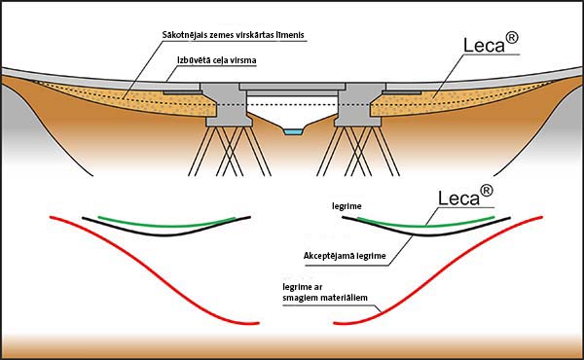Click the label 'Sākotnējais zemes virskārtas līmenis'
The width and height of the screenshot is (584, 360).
[234, 35]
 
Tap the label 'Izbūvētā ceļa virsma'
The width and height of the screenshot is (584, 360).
[216, 60]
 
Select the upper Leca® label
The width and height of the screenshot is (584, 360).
[491, 43]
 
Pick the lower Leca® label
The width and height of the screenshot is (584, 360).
[465, 196]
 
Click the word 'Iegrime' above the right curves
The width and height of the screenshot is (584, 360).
[347, 206]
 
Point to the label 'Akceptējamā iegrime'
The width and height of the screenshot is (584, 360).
[345, 256]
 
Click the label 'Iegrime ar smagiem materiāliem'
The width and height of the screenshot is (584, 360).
[325, 292]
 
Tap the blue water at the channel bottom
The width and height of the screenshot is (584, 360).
[293, 131]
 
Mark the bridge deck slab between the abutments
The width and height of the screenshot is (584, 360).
[292, 88]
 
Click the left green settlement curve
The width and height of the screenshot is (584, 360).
[165, 225]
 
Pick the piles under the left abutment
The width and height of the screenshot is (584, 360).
[230, 151]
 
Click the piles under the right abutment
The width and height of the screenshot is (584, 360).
[358, 151]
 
